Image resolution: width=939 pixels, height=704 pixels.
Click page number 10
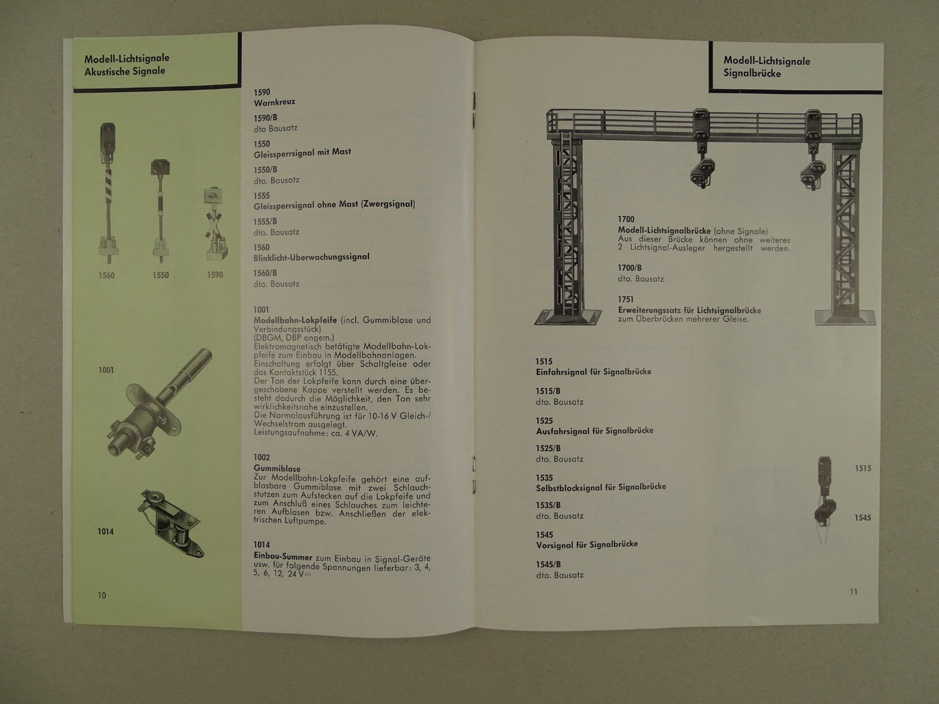pos(102,596)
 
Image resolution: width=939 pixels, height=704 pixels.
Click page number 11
pos(853,591)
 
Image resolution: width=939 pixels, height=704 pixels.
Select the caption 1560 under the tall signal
pos(106,275)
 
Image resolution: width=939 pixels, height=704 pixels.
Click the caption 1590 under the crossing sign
pos(215,275)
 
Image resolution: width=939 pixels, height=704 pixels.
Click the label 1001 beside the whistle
pos(106,370)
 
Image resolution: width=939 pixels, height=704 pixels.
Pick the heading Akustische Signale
pos(125,71)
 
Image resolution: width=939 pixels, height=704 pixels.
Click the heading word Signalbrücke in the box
pos(752,74)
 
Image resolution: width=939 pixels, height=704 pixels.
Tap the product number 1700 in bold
pos(626,220)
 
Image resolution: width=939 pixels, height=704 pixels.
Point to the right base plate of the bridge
pos(845,317)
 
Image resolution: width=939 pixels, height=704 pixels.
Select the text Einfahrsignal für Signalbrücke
pos(594,372)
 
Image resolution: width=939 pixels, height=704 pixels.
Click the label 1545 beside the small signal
pos(863,518)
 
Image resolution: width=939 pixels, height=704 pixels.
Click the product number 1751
pos(626,300)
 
